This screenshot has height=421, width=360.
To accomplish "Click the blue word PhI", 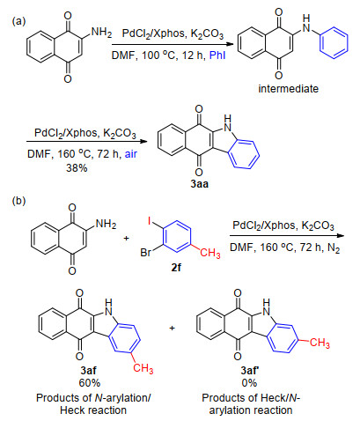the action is (217, 55).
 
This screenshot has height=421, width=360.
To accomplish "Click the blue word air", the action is (131, 154).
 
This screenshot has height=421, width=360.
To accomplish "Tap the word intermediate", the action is (288, 89).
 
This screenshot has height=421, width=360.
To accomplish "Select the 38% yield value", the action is (77, 168).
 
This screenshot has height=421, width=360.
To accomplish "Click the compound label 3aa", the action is (199, 184).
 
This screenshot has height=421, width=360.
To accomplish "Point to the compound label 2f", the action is (176, 268).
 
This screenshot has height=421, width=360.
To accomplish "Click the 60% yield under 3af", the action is (90, 383).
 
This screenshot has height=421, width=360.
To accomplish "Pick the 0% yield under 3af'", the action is (249, 383).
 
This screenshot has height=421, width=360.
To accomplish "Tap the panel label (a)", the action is (19, 21).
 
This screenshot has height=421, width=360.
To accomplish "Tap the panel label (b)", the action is (19, 201).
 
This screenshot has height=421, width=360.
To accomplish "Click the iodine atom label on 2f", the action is (150, 221).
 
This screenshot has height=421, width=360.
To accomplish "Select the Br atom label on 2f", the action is (146, 252).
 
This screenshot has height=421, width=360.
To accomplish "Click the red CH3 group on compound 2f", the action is (210, 253).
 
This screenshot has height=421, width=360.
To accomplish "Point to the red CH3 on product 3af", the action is (143, 368).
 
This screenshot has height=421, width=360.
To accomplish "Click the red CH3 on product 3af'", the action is (320, 343).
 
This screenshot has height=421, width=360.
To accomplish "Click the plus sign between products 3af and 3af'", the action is (172, 328).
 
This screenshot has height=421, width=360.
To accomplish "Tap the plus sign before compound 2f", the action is (127, 238).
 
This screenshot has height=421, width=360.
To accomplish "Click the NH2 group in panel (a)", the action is (101, 32).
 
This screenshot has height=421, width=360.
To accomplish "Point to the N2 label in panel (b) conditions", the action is (334, 248).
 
